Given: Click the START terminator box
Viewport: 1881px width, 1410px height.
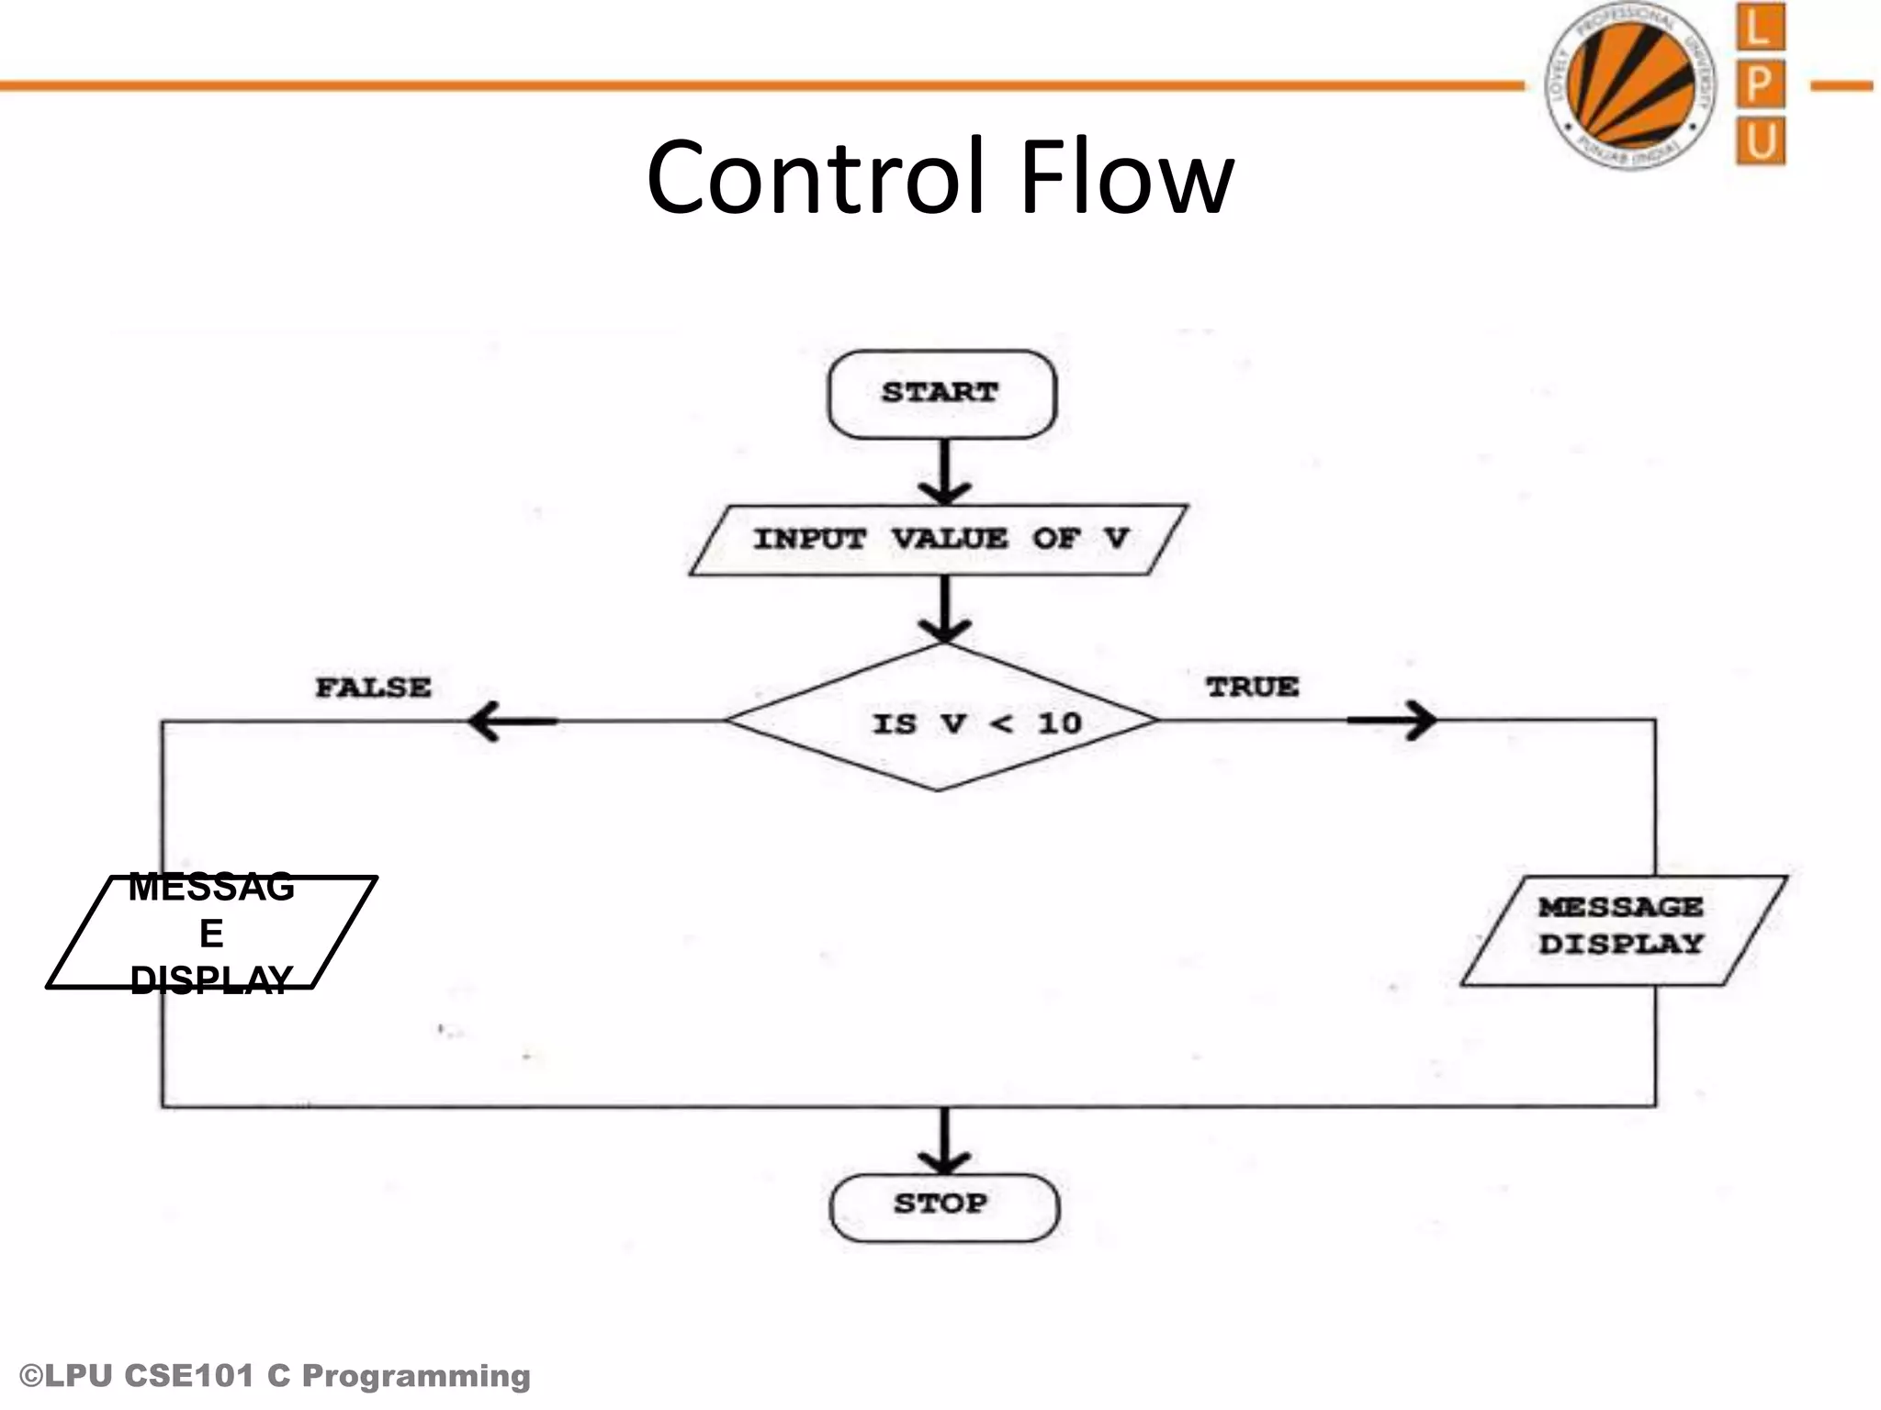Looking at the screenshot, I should (x=941, y=394).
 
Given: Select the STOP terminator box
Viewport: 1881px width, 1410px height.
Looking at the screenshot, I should (x=943, y=1206).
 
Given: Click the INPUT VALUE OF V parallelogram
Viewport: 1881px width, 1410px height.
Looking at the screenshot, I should (x=939, y=540).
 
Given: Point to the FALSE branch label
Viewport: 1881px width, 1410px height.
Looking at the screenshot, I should (x=373, y=688).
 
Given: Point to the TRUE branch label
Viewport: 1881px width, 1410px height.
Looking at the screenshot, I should (x=1252, y=687).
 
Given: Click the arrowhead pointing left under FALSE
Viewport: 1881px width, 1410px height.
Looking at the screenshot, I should (x=487, y=722).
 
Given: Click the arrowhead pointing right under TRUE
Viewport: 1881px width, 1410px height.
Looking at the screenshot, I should (x=1419, y=721).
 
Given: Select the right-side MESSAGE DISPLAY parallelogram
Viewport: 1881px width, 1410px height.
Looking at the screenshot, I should (x=1623, y=930).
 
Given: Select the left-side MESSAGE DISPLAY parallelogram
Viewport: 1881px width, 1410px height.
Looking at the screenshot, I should (x=212, y=933).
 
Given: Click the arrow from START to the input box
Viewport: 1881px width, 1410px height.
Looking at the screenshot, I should (x=944, y=473).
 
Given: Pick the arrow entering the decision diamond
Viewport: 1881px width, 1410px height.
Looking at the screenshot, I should (x=944, y=610).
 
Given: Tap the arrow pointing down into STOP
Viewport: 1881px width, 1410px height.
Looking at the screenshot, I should (x=944, y=1143).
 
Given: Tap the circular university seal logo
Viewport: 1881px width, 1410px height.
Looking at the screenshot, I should (x=1631, y=85).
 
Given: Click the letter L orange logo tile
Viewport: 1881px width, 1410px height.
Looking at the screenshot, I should (x=1760, y=28).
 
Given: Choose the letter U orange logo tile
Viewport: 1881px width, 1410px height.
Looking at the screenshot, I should (x=1761, y=141).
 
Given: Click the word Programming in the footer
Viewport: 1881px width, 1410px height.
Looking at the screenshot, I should (x=415, y=1377).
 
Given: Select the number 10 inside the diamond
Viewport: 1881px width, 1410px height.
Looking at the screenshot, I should (x=1059, y=723).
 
